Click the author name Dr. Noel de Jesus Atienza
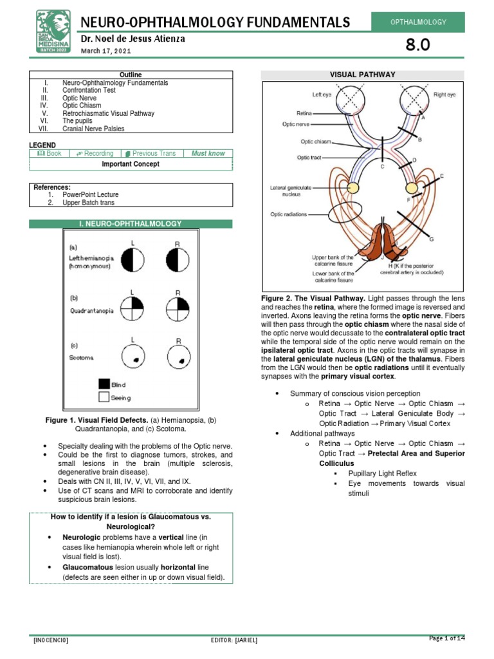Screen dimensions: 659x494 [x=132, y=39]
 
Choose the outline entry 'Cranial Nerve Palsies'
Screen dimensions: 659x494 [x=93, y=129]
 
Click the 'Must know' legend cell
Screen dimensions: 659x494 [x=208, y=154]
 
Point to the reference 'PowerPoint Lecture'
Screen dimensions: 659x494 [x=91, y=194]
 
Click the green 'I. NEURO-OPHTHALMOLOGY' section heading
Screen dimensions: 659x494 [x=131, y=224]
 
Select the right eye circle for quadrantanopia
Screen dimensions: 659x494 [x=178, y=310]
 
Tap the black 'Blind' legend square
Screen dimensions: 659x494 [x=104, y=384]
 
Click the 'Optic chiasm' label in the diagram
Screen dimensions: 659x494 [x=315, y=142]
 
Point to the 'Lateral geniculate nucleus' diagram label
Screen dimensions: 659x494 [x=291, y=190]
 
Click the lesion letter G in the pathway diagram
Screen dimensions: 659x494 [x=432, y=239]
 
